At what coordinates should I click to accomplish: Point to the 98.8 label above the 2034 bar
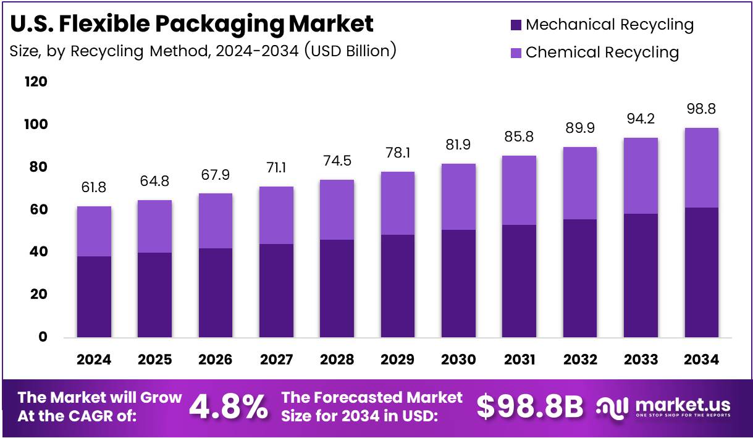701,110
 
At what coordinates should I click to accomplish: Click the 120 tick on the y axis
36,82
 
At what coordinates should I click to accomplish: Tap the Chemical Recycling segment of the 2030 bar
458,196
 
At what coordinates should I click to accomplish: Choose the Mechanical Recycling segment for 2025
154,295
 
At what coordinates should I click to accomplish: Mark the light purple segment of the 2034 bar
701,167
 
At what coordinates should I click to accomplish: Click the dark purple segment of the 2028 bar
337,288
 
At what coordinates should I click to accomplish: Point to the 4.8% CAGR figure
229,406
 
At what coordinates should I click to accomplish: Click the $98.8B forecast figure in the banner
530,406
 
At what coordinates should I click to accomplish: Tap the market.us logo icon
612,406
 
